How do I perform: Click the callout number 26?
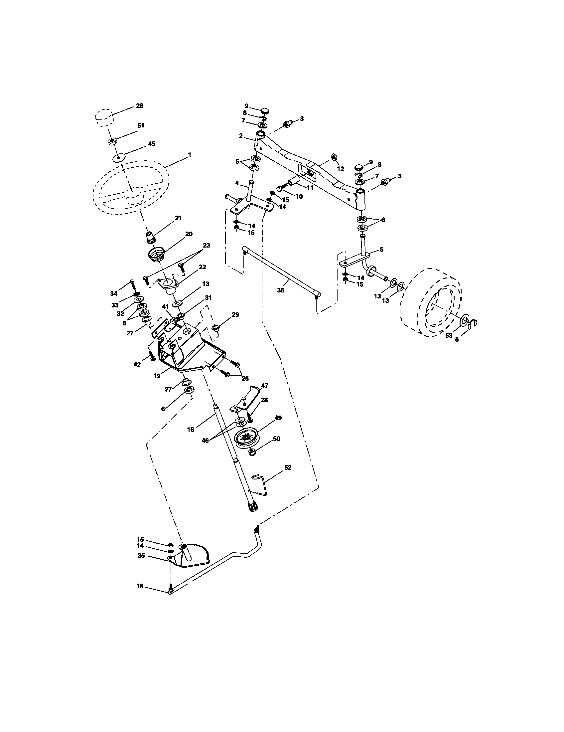tap(139, 105)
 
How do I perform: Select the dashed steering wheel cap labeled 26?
tap(103, 117)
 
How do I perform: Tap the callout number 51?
tap(141, 125)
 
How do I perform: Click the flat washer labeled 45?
tap(119, 157)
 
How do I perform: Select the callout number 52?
tap(287, 467)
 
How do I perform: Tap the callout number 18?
tap(140, 586)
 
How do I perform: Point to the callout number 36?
tap(280, 290)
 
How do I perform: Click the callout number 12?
tap(340, 169)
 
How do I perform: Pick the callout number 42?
tap(137, 364)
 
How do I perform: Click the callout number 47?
tap(265, 386)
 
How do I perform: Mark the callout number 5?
tap(381, 249)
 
